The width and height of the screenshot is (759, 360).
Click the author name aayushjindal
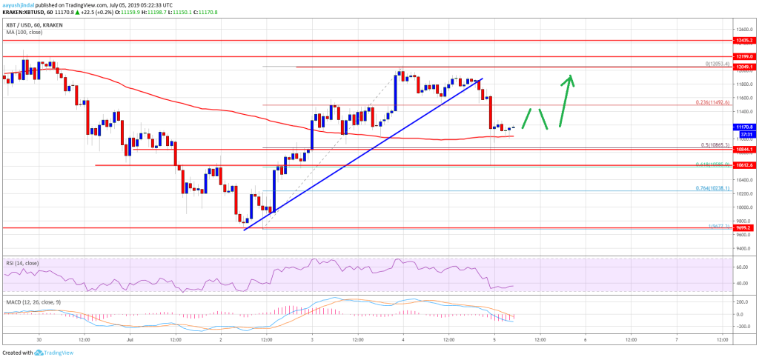point(21,4)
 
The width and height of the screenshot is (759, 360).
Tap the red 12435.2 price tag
point(742,41)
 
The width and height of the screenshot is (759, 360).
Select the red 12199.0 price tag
point(742,56)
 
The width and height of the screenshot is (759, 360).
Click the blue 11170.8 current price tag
point(742,127)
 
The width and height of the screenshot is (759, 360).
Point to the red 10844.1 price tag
point(742,149)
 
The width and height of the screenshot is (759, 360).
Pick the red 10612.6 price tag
point(742,165)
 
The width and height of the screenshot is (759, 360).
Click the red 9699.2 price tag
point(742,228)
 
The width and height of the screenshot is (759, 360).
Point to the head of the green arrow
point(570,76)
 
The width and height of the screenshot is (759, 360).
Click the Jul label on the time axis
point(129,340)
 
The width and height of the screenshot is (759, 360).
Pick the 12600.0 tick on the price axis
point(741,30)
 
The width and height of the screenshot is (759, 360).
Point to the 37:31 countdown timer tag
point(742,133)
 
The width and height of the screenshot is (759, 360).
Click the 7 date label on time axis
point(676,340)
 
